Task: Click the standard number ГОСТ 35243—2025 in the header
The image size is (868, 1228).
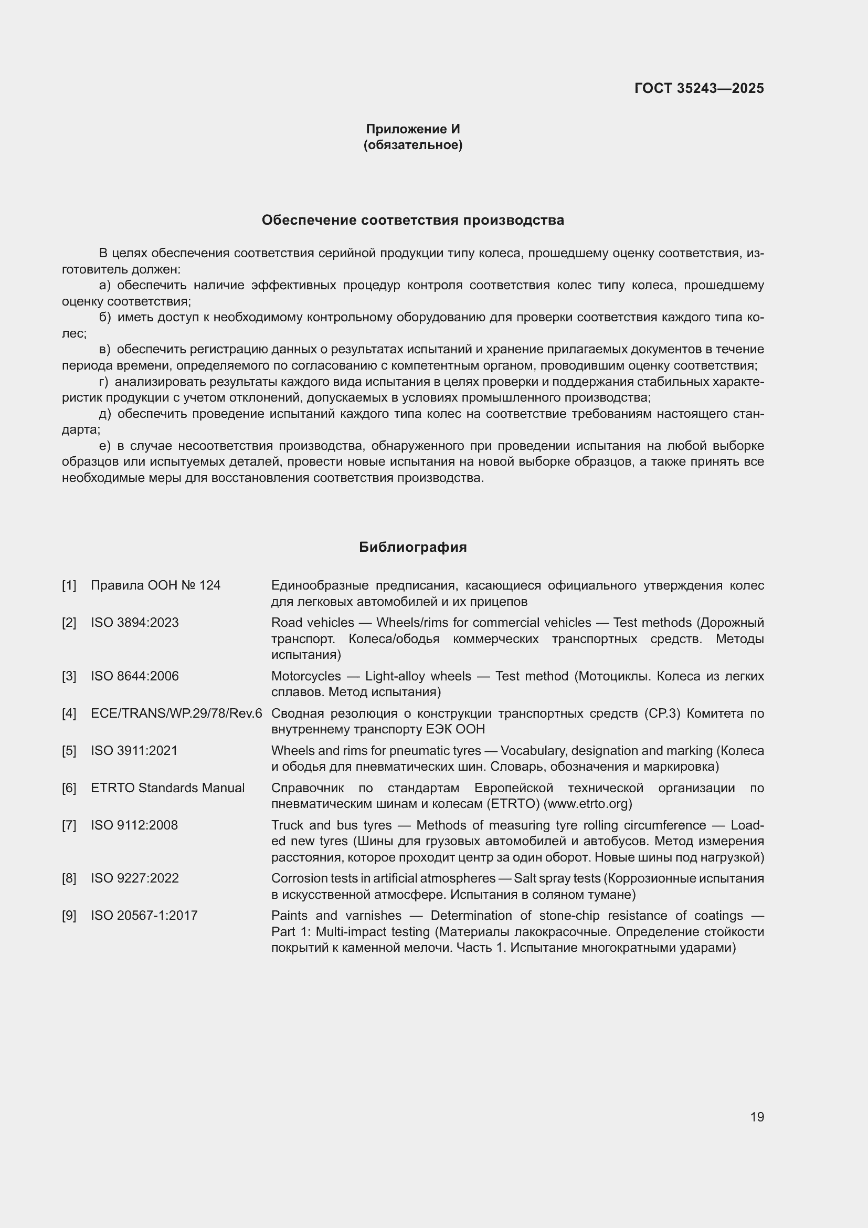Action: coord(698,88)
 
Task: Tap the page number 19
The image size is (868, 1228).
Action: coord(757,1117)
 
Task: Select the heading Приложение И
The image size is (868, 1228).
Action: coord(412,129)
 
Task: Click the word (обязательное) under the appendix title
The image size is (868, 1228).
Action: coord(412,145)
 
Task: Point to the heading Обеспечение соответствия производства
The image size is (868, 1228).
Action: coord(412,221)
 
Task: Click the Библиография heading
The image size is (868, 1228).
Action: coord(412,547)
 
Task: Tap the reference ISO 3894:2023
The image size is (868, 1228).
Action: coord(135,623)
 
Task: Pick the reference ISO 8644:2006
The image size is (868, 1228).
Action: coord(135,676)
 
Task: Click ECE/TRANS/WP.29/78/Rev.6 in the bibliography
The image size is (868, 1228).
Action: coord(176,713)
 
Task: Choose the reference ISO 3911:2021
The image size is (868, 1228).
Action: coord(134,750)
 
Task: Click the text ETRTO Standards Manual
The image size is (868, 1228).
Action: coord(168,788)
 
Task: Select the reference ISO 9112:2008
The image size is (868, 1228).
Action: coord(134,825)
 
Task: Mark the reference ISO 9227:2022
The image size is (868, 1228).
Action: coord(135,878)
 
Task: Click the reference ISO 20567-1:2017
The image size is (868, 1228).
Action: coord(144,916)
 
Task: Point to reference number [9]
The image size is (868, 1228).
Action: coord(69,916)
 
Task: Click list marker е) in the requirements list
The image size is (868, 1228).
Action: coord(105,446)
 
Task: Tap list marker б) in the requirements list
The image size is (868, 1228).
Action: coord(105,317)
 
